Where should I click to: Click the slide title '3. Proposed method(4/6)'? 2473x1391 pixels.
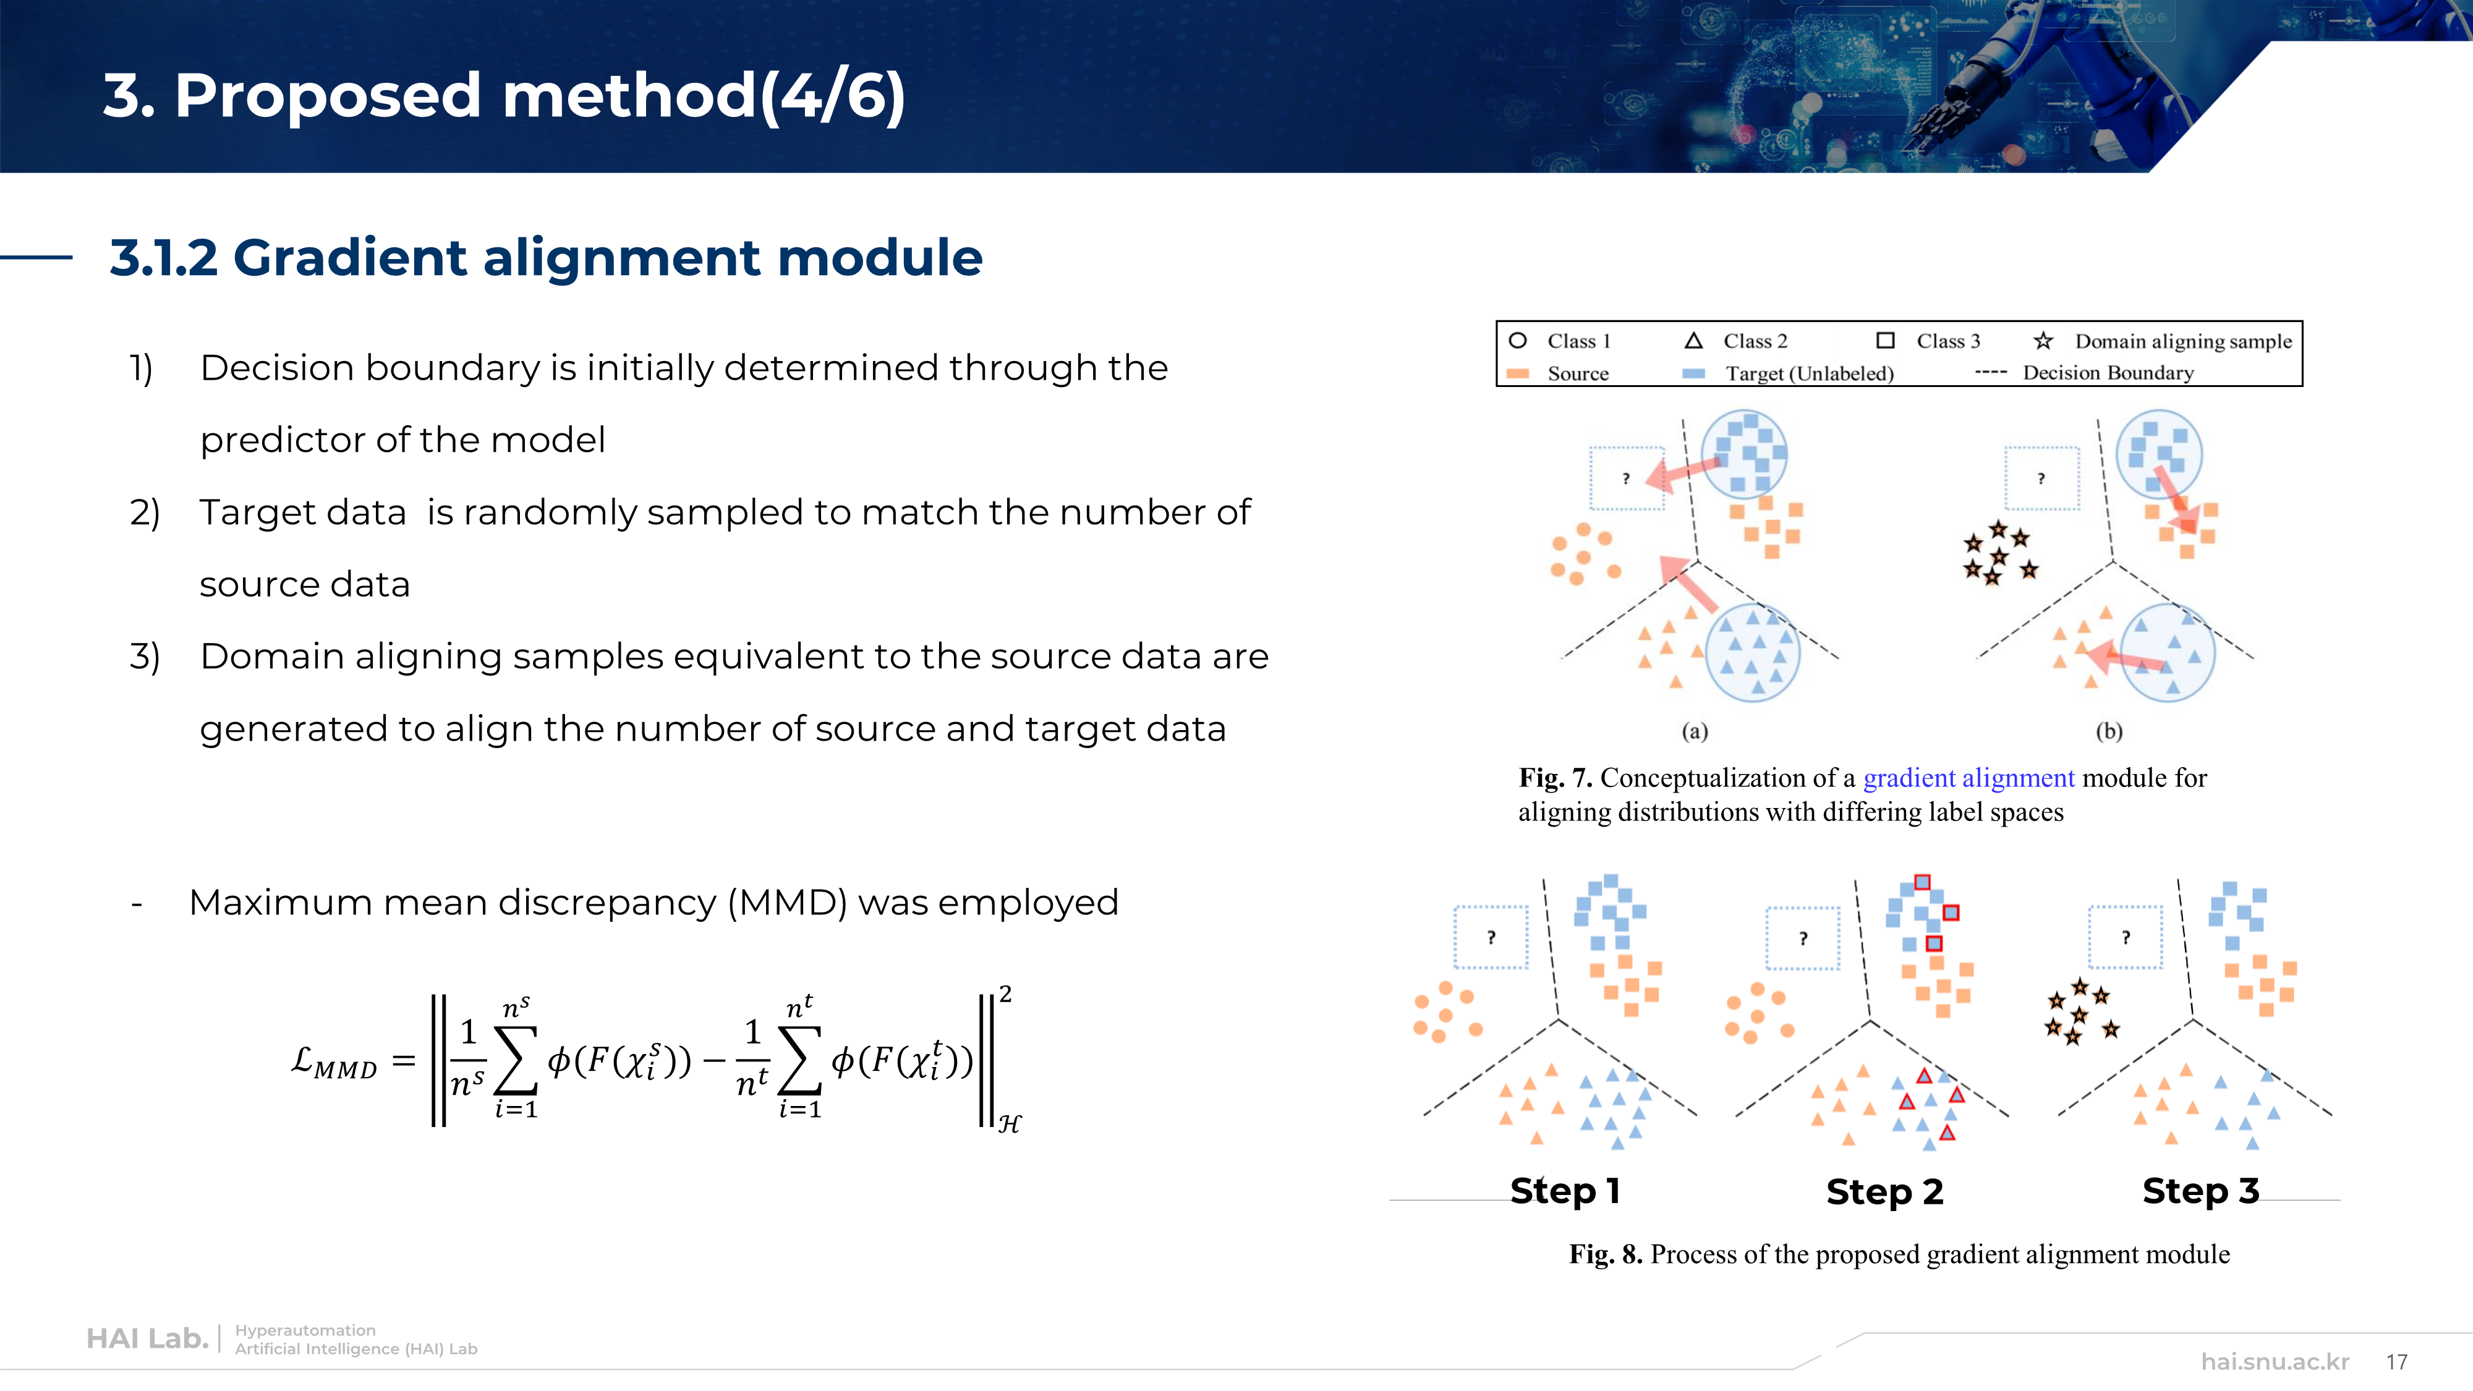coord(503,96)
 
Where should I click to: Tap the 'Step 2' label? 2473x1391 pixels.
coord(1884,1191)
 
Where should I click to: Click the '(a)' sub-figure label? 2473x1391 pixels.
coord(1695,731)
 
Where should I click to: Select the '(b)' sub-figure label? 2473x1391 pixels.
coord(2108,731)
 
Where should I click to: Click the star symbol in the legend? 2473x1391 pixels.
coord(2043,341)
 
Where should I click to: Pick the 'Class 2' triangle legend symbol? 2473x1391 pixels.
coord(1693,341)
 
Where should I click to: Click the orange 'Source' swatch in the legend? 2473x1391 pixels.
coord(1518,373)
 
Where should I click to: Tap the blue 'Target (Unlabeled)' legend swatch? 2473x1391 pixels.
coord(1693,373)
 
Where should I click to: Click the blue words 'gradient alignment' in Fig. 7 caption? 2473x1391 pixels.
coord(1968,778)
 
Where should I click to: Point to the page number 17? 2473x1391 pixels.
coord(2396,1361)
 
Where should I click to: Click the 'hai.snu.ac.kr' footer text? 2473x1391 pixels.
coord(2275,1361)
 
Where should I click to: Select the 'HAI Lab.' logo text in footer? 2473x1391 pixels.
coord(147,1338)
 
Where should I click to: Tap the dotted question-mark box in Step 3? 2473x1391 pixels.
coord(2126,937)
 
